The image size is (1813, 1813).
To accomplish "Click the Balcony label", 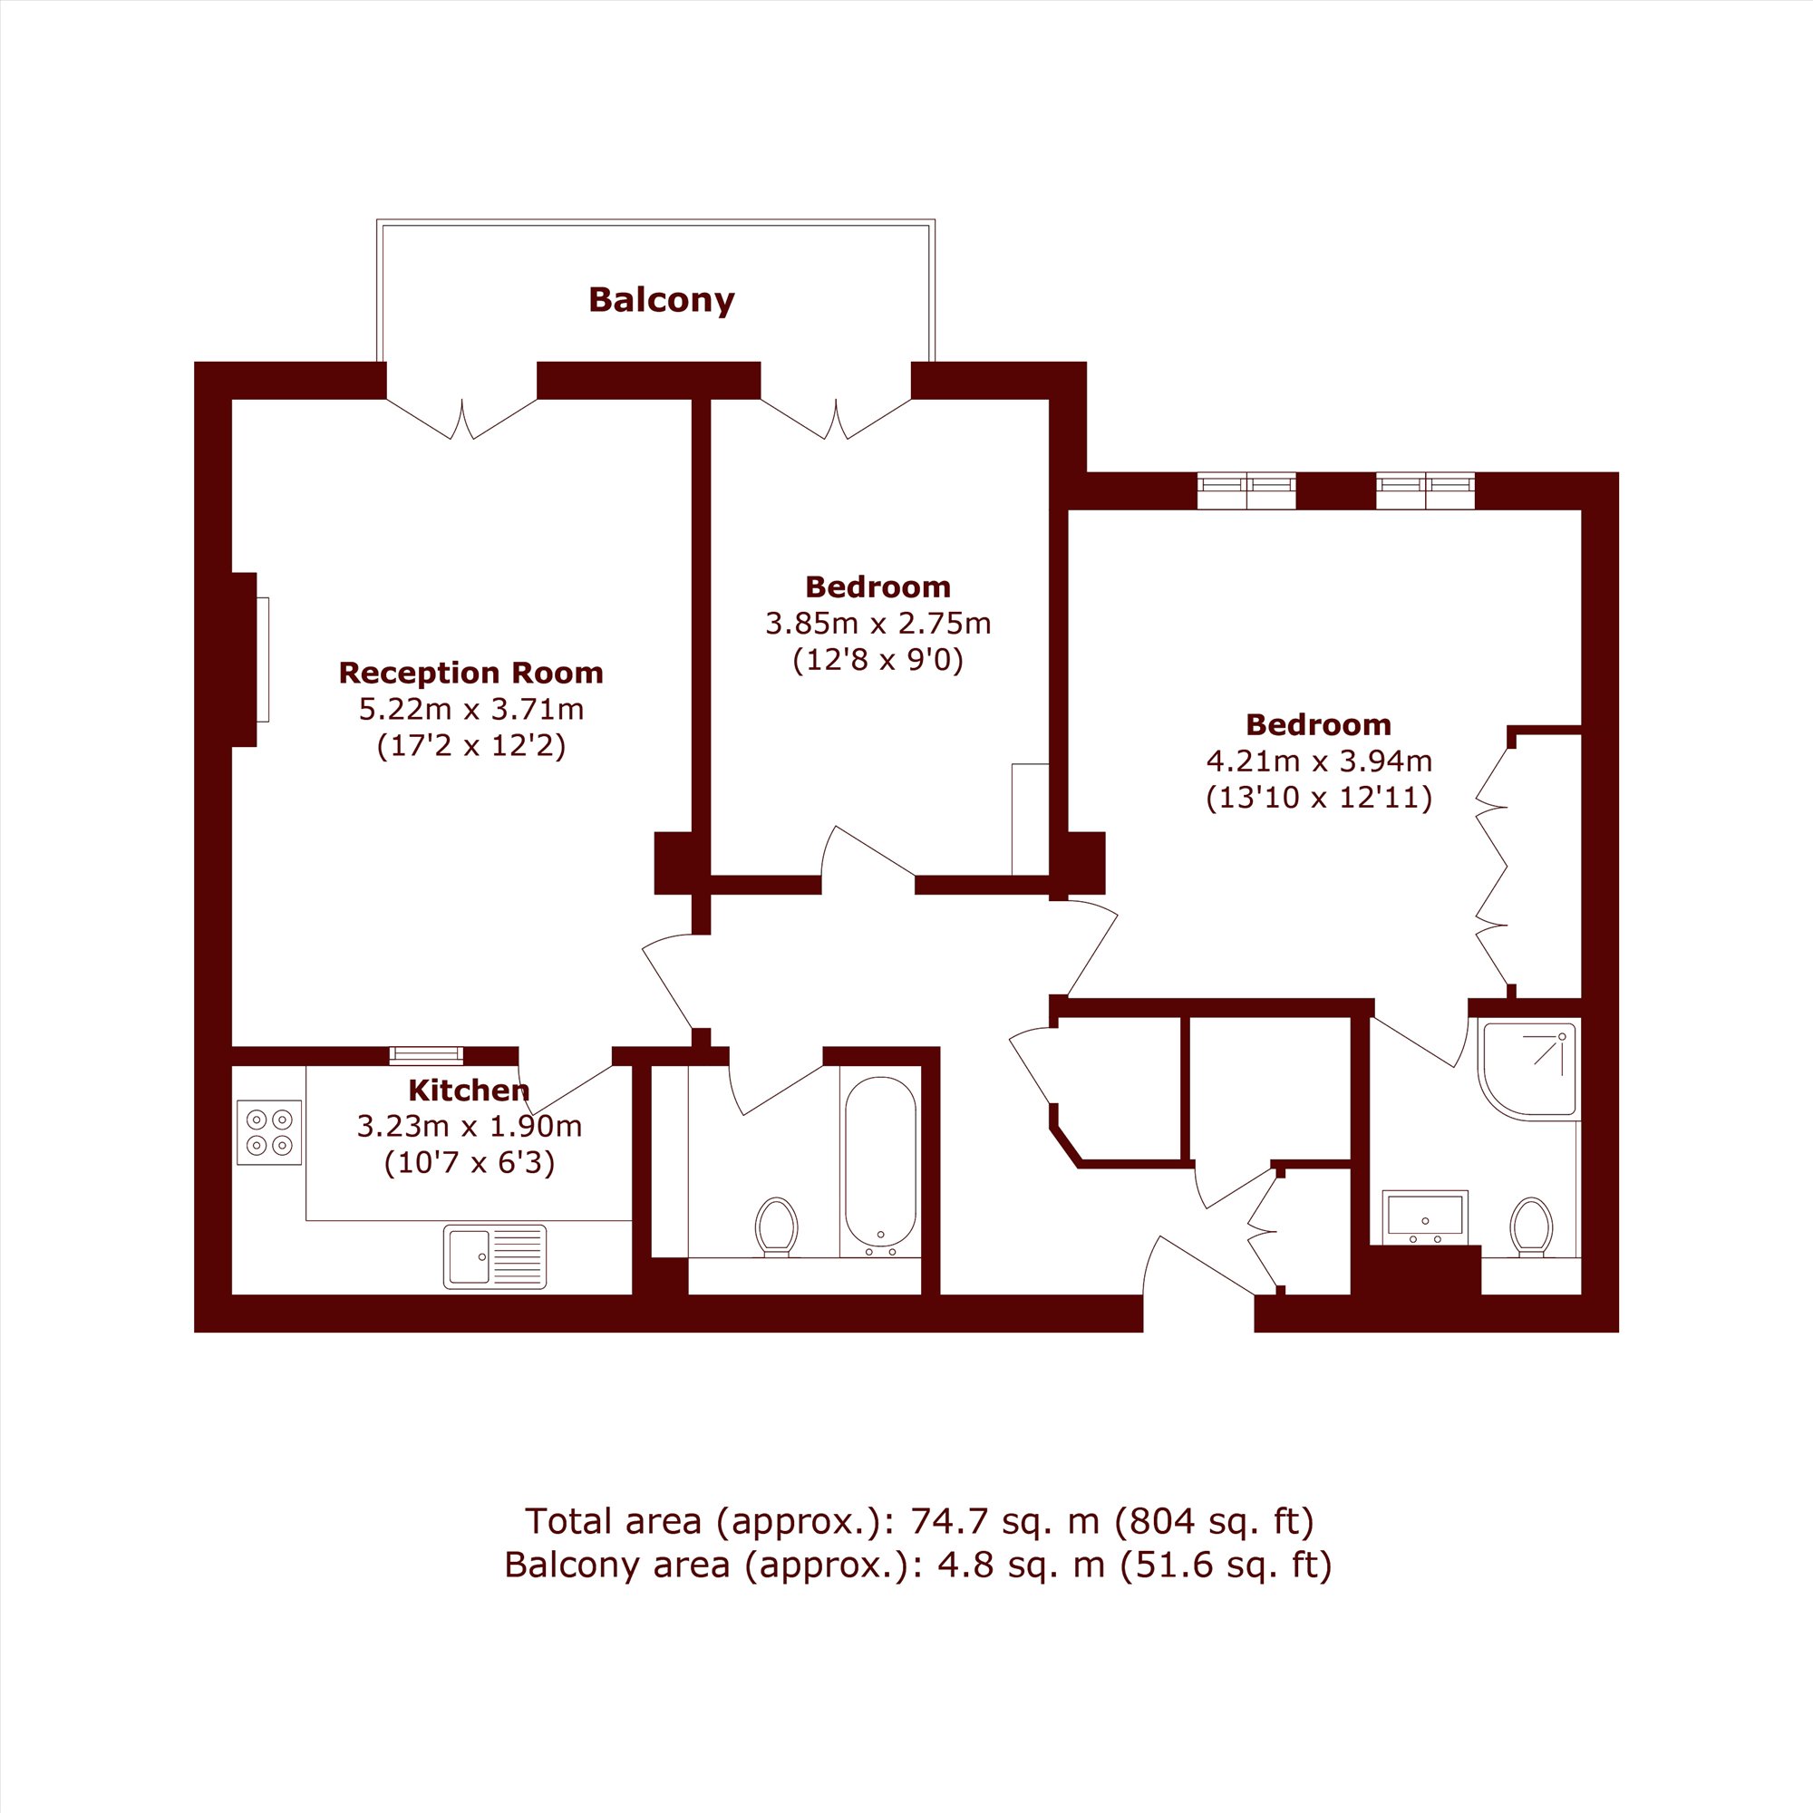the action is tap(661, 300).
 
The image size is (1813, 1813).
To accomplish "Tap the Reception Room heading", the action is tap(470, 673).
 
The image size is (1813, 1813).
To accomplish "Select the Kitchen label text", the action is tap(469, 1091).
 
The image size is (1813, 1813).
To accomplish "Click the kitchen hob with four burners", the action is tap(269, 1132).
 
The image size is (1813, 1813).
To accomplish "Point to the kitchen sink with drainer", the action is tap(495, 1257).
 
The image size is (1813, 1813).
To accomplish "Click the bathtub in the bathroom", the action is tap(880, 1168).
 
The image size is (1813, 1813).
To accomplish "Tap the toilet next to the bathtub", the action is tap(776, 1226).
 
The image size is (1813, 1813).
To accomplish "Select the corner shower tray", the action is tap(1528, 1071).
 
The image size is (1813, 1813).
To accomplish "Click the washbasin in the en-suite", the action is tap(1425, 1217).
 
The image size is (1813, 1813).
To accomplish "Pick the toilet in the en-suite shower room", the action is tap(1531, 1227).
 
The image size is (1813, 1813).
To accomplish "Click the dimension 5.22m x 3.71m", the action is tap(471, 709).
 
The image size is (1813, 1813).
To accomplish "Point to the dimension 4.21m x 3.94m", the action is tap(1318, 761).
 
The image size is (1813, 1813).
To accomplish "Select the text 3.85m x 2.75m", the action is tap(878, 623).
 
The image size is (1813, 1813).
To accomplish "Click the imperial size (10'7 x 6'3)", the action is tap(470, 1164).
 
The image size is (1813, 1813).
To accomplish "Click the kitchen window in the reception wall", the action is tap(426, 1055).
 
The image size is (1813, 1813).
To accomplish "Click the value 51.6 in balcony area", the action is tap(1182, 1566).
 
